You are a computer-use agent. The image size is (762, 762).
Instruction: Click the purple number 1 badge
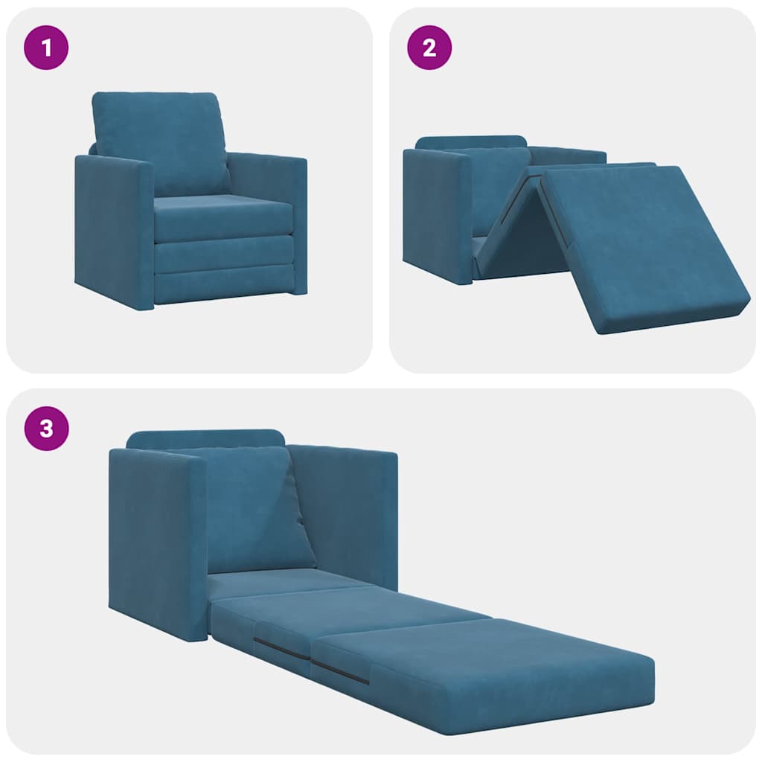point(47,48)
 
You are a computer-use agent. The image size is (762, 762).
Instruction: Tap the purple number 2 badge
point(429,48)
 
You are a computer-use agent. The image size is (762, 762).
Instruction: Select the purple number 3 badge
point(47,429)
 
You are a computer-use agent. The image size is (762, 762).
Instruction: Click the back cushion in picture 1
point(160,141)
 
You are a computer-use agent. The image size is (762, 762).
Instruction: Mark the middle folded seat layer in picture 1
point(223,254)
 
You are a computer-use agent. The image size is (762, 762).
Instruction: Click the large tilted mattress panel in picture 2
point(640,246)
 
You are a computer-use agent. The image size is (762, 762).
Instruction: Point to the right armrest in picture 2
point(569,156)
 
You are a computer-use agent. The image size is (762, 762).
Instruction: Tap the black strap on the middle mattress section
point(281,648)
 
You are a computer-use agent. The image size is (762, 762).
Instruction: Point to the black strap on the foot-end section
point(339,672)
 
